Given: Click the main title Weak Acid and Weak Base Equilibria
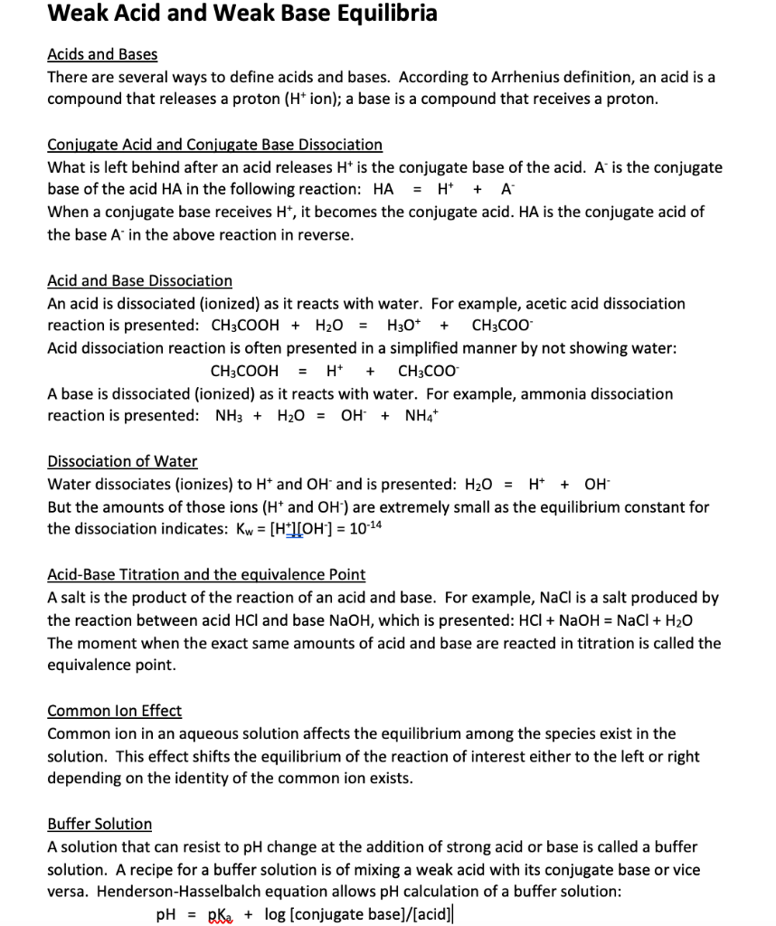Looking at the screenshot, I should [242, 14].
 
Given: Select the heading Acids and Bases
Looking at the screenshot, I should [102, 55].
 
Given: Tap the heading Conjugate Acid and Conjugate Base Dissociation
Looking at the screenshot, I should [214, 145].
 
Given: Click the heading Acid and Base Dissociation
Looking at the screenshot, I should [139, 281].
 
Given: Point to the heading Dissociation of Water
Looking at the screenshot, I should [122, 461].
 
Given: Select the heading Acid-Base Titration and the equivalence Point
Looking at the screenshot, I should [206, 575].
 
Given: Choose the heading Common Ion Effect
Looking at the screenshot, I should [114, 711].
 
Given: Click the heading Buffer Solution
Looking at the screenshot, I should [99, 824].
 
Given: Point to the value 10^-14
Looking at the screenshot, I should [366, 528].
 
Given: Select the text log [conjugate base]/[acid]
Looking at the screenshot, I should [358, 914].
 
